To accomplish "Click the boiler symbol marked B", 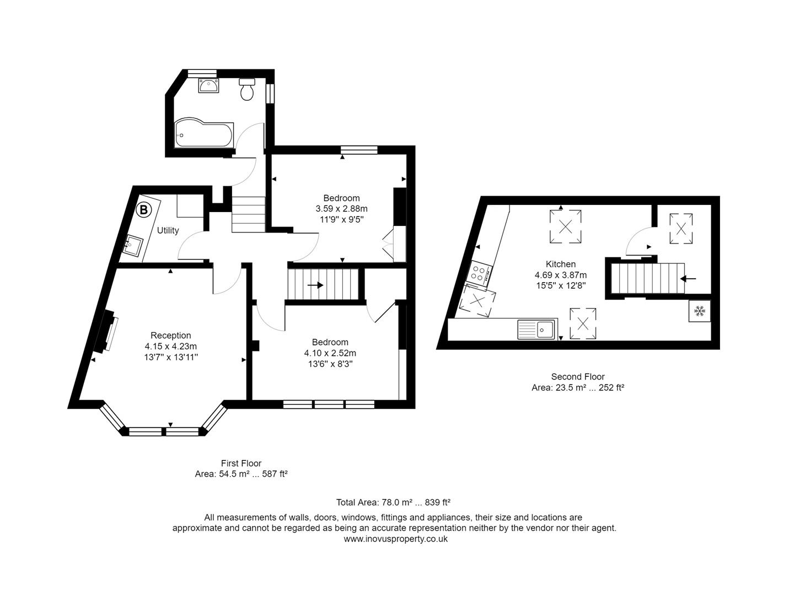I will click(x=143, y=210).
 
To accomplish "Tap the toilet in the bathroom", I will click(x=247, y=89).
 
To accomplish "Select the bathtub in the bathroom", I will click(x=203, y=133).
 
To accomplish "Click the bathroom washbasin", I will click(x=209, y=85).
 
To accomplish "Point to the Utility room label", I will click(x=168, y=230).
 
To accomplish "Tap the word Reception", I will click(x=171, y=336).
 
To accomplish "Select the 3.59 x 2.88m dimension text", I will click(x=341, y=209).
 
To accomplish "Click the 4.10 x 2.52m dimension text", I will click(x=330, y=353).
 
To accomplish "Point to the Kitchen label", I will click(x=561, y=264).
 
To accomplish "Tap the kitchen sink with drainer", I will click(x=536, y=329).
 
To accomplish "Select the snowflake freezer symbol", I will click(x=699, y=311).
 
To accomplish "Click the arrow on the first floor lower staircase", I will click(x=316, y=285).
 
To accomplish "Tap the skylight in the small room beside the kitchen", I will click(x=681, y=228).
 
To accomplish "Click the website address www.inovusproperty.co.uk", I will click(x=395, y=539).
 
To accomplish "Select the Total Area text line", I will click(x=394, y=502).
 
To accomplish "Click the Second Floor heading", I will click(x=578, y=377).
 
